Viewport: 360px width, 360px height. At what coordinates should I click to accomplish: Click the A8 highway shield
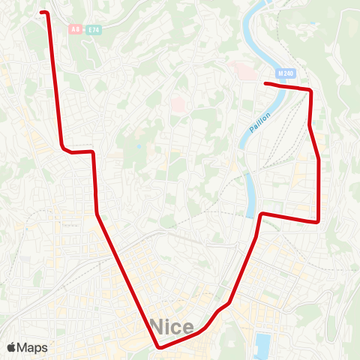pyautogui.click(x=74, y=29)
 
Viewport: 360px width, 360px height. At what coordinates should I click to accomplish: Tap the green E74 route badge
pyautogui.click(x=93, y=29)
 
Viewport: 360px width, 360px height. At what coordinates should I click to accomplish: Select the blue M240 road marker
pyautogui.click(x=286, y=73)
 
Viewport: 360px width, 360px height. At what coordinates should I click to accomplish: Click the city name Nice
pyautogui.click(x=172, y=326)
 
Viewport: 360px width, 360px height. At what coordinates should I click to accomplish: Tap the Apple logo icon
pyautogui.click(x=10, y=347)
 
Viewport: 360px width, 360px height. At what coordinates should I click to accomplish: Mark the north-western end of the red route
pyautogui.click(x=42, y=12)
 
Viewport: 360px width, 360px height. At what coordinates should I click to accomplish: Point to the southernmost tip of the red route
pyautogui.click(x=160, y=347)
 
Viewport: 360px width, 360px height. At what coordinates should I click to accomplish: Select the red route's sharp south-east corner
pyautogui.click(x=319, y=221)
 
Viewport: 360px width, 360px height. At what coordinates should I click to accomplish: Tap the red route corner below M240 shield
pyautogui.click(x=310, y=90)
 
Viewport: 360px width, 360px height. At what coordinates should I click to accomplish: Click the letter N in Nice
pyautogui.click(x=158, y=326)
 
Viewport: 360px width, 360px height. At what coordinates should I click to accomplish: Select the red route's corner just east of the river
pyautogui.click(x=262, y=214)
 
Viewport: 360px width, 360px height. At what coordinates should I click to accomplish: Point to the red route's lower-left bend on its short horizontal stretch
pyautogui.click(x=63, y=147)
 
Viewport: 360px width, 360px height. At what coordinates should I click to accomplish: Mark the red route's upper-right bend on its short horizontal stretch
pyautogui.click(x=94, y=152)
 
